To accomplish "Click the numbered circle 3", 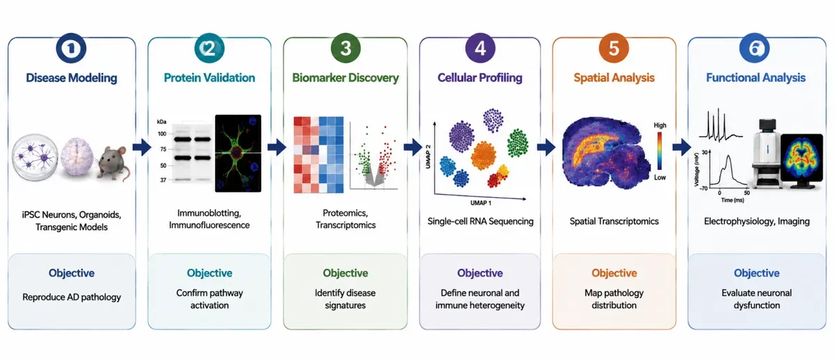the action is point(346,48).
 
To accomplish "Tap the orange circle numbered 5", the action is point(614,48).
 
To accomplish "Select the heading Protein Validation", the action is point(210,77).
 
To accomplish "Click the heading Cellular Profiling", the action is point(480,77).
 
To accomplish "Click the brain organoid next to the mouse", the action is point(77,157).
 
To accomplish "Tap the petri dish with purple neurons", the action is point(35,157).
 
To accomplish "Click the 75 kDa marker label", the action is point(163,149).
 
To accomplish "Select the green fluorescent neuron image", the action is point(238,153).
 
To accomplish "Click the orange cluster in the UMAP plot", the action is point(483,155).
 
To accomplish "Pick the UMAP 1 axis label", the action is point(481,203).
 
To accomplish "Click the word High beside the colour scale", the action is point(660,125).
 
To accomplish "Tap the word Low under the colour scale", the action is point(660,178).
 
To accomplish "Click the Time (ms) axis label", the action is point(733,201).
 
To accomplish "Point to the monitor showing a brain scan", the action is point(802,160).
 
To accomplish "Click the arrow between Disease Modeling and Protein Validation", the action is point(142,148).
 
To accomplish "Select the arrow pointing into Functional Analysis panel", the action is point(681,147).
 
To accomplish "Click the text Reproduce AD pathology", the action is point(72,297).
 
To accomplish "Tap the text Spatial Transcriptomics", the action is point(614,221).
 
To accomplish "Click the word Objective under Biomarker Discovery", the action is point(346,273).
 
